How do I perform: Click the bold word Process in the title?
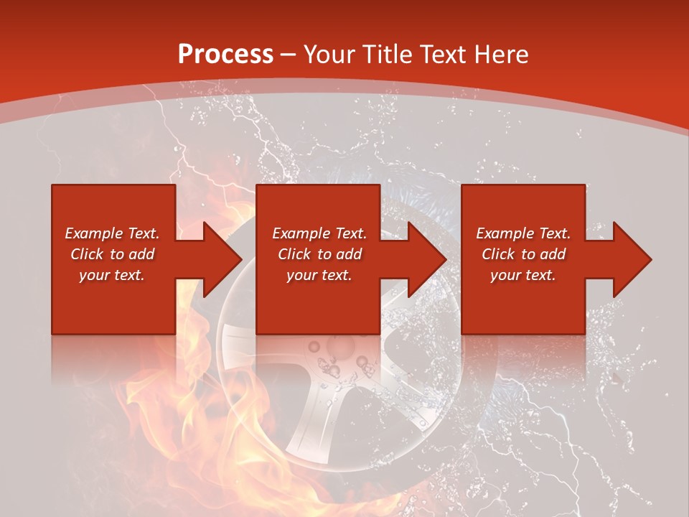(225, 54)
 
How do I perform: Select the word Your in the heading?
(327, 54)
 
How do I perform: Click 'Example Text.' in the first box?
(112, 233)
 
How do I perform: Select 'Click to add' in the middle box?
(319, 254)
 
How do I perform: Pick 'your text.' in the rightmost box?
(523, 275)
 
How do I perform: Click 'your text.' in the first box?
(112, 275)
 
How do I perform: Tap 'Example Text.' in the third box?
(523, 233)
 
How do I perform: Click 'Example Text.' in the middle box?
(319, 233)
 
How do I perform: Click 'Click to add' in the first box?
(112, 254)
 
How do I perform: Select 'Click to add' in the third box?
(523, 254)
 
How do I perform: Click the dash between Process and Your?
(289, 55)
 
